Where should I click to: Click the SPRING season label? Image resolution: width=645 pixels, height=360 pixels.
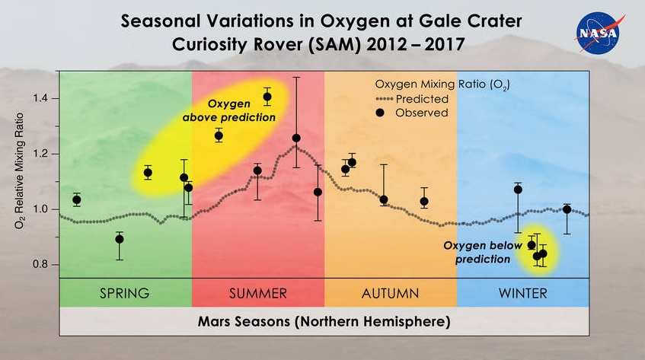pos(125,293)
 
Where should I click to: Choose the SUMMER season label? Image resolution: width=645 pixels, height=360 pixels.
pos(257,293)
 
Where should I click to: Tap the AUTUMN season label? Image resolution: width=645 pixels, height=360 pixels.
pos(390,293)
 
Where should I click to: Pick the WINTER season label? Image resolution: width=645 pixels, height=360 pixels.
pos(522,293)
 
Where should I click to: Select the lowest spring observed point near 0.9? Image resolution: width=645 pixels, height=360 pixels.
pos(120,239)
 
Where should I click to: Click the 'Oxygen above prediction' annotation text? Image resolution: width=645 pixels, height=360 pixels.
pos(228,112)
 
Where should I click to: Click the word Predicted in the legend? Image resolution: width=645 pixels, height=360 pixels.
pos(421,99)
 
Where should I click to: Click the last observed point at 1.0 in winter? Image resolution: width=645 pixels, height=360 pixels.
pos(567,209)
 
